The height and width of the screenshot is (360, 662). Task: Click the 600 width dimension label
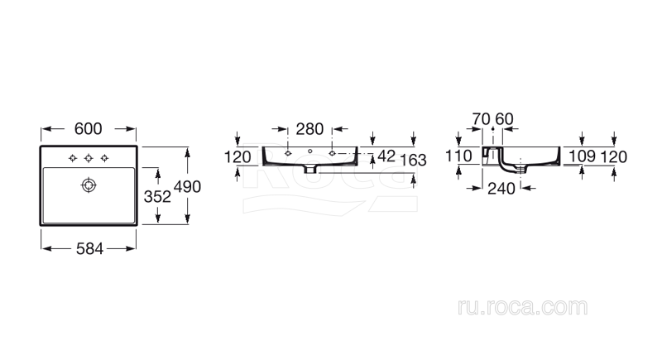tap(89, 129)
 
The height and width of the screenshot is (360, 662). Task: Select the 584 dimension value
tap(89, 249)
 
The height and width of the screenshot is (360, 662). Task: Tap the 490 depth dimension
tap(187, 186)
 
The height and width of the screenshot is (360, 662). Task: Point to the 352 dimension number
tap(157, 196)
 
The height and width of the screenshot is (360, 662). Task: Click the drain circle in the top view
tap(89, 185)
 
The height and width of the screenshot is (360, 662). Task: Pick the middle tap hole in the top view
tap(89, 158)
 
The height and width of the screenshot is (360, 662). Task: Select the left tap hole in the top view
tap(73, 158)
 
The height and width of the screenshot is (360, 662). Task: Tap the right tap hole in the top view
tap(105, 158)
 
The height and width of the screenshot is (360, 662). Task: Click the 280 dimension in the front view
tap(309, 129)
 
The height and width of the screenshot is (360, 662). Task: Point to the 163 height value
tap(413, 160)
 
